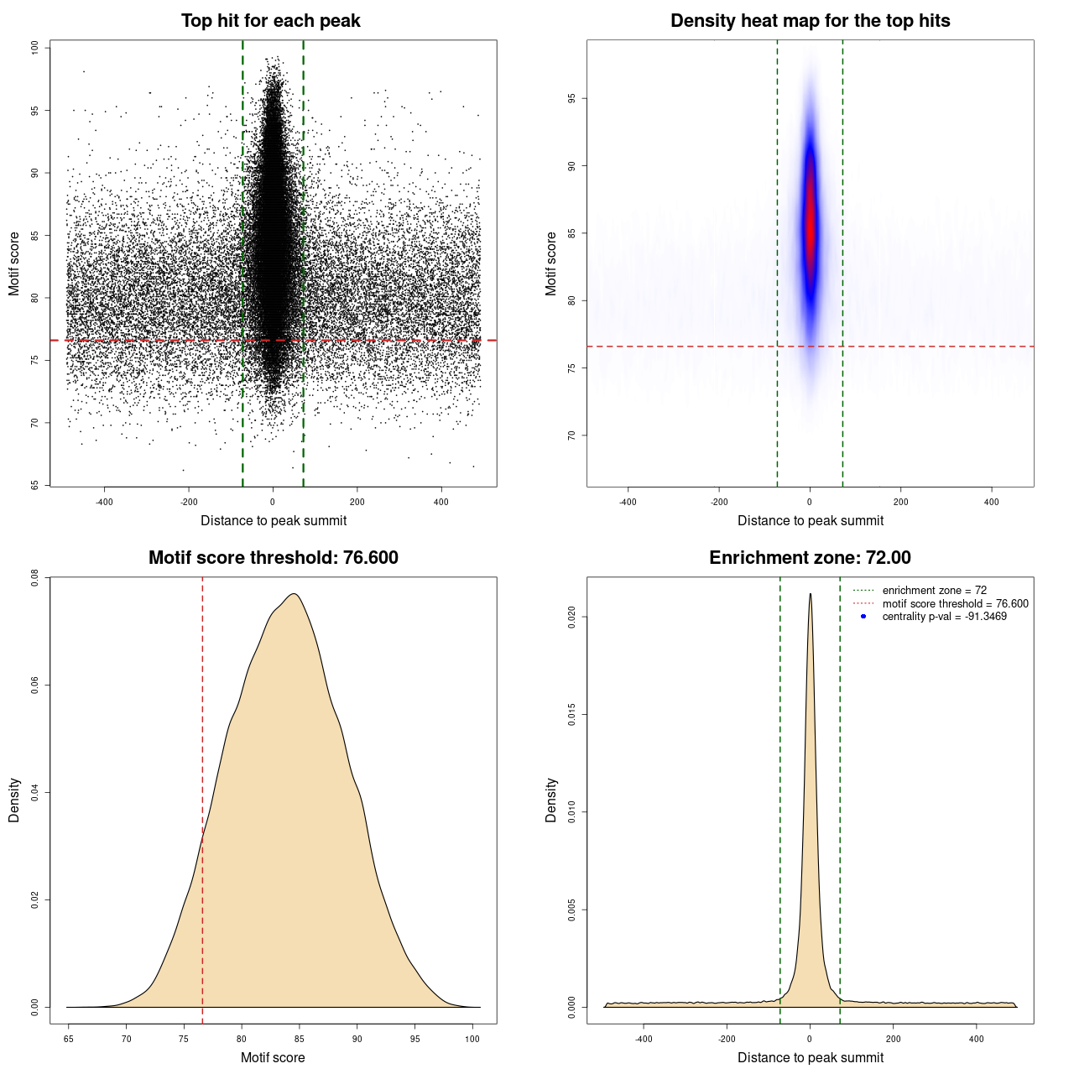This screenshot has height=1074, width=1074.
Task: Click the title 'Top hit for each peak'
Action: tap(270, 21)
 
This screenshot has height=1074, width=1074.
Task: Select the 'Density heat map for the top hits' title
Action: tap(810, 21)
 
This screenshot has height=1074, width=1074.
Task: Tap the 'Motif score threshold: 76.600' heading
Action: tap(273, 558)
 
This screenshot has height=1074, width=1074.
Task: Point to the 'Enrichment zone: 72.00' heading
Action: tap(810, 558)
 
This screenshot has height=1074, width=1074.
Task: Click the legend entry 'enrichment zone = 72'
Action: tap(934, 591)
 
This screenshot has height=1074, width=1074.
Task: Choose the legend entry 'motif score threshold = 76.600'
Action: tap(955, 603)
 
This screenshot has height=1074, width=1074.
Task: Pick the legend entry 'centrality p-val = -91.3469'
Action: tap(944, 617)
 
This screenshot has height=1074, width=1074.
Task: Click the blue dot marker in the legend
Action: tap(863, 617)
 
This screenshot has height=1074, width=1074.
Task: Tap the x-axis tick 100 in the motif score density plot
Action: tap(472, 1039)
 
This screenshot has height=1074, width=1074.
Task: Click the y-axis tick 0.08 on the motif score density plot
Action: tap(34, 577)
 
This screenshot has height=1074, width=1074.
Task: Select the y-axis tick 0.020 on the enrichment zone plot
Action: tap(571, 618)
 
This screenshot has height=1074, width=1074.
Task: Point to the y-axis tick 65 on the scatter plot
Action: tap(34, 485)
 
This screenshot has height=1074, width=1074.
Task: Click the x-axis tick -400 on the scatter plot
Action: tap(104, 502)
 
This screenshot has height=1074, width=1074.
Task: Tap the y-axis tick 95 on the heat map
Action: tap(571, 98)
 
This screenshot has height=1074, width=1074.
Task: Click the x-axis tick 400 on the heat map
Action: tap(992, 502)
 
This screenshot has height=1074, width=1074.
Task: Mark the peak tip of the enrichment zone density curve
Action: tap(810, 594)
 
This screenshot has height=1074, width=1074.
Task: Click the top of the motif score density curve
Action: tap(294, 594)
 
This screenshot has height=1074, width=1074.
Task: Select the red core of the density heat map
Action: tap(810, 227)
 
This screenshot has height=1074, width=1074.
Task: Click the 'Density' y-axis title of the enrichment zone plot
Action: tap(551, 800)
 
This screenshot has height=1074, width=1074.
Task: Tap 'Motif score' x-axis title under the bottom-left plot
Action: tap(273, 1057)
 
